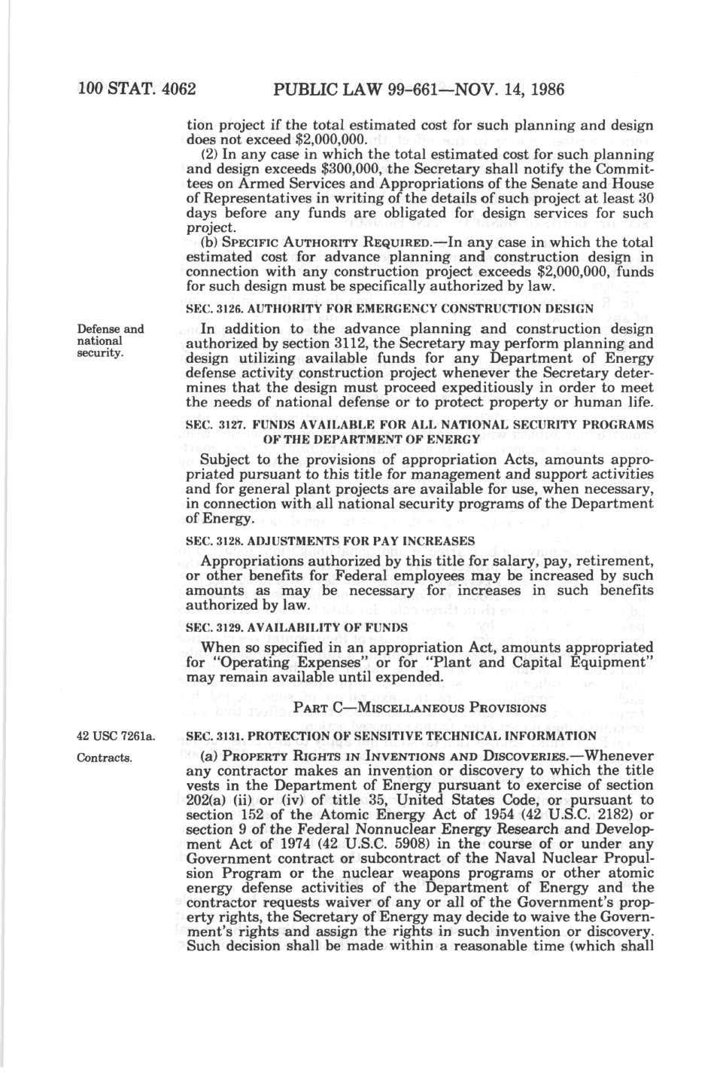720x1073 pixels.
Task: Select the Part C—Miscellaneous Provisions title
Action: click(x=419, y=708)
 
